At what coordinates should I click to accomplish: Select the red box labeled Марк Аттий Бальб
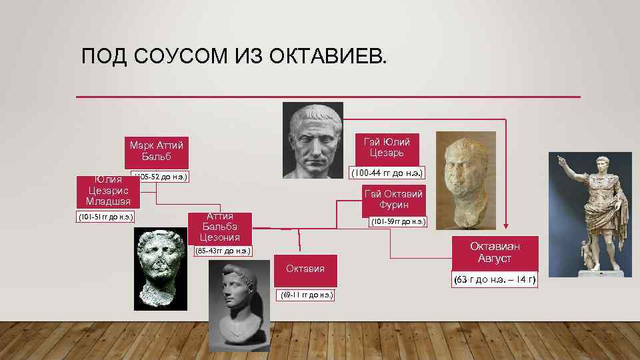tap(157, 151)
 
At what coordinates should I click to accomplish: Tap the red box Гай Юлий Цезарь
tap(387, 147)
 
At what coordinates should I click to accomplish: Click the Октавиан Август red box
tap(495, 252)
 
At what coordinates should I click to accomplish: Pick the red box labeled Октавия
tap(305, 269)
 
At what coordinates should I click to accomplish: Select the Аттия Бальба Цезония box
tap(220, 227)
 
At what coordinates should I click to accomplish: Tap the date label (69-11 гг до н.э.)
tap(306, 295)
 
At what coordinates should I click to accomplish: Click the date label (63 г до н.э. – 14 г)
tap(495, 279)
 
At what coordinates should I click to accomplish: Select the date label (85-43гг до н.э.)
tap(223, 251)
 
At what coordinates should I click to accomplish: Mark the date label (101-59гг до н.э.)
tap(398, 221)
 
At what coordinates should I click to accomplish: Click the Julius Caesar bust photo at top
tap(313, 137)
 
